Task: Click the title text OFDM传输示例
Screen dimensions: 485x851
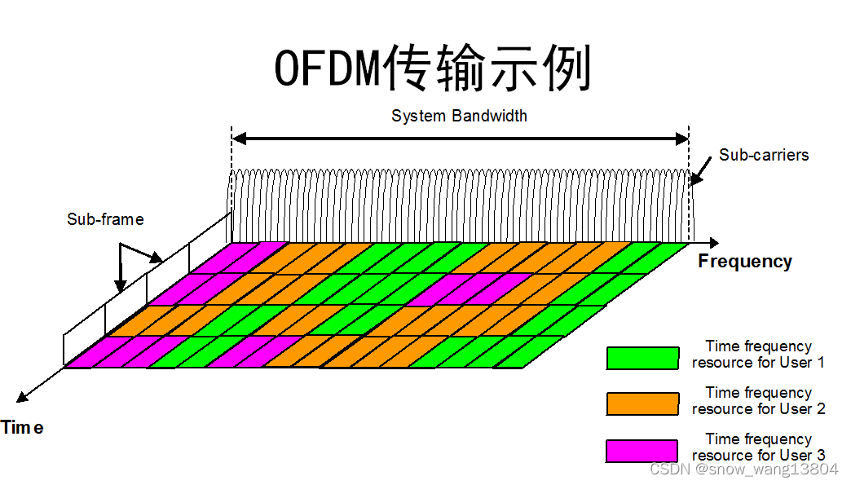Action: coord(431,68)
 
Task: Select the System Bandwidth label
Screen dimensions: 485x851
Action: coord(459,116)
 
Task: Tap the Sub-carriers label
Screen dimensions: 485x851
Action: coord(764,155)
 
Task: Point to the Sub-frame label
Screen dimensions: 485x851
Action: coord(105,219)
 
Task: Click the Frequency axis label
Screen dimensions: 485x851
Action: coord(745,262)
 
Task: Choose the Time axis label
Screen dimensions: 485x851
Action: coord(22,428)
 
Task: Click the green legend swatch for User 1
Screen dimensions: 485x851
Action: coord(642,358)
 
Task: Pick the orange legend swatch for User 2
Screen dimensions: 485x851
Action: coord(642,404)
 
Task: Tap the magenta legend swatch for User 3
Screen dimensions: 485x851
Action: coord(642,451)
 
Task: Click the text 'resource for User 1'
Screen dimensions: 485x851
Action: coord(758,362)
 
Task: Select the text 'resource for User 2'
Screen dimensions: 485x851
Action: coord(758,408)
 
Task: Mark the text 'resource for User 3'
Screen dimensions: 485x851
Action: coord(758,455)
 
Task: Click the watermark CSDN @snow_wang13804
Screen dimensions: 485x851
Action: coord(744,470)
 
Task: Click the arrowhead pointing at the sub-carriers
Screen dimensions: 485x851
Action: coord(694,179)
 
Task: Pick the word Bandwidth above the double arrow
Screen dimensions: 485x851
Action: coord(489,116)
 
